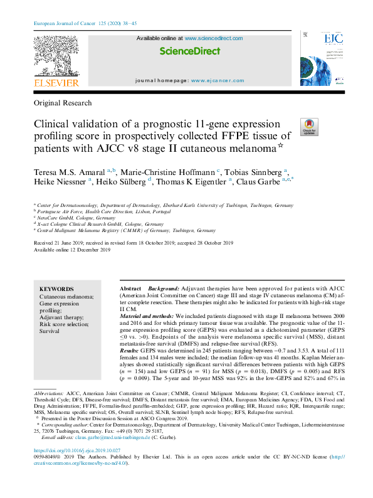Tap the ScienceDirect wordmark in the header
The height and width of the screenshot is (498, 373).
(189, 50)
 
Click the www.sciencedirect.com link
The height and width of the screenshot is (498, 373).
(213, 38)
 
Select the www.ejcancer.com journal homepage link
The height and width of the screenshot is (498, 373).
(218, 81)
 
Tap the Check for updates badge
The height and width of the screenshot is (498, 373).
(309, 126)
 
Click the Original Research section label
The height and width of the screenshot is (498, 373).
(63, 103)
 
